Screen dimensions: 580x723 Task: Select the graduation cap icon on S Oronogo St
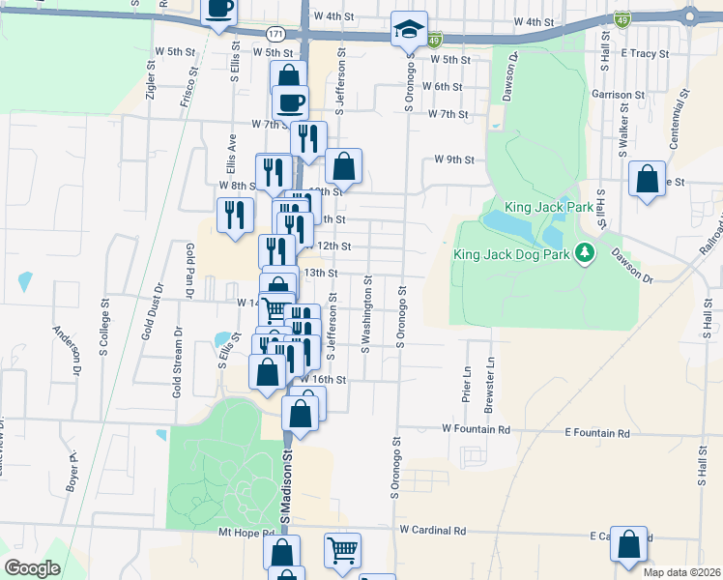409,29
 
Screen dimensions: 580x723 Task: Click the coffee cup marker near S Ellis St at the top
219,9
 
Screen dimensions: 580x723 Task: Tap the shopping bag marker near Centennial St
648,179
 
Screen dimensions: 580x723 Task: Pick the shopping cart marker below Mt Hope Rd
342,551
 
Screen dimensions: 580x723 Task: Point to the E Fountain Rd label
596,434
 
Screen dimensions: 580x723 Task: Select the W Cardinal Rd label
432,531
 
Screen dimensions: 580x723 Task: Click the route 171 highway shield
276,33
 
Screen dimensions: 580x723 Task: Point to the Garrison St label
618,95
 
